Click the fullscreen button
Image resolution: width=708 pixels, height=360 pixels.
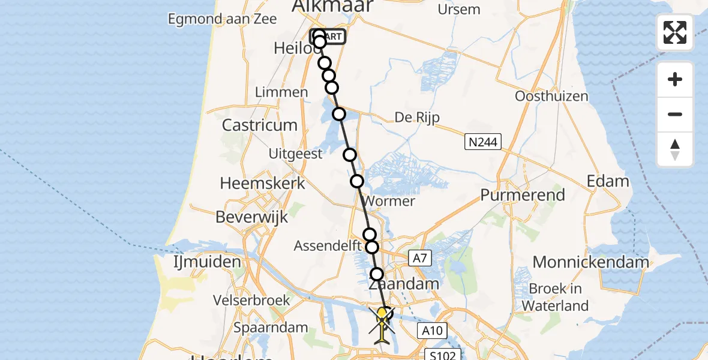(x=675, y=32)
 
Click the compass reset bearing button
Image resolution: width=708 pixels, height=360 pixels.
(x=675, y=149)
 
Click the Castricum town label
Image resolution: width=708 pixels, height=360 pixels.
(x=259, y=125)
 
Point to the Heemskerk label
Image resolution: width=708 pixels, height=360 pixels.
(x=263, y=183)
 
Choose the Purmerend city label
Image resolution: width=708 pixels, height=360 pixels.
(x=523, y=195)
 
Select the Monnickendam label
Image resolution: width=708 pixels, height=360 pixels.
(x=590, y=262)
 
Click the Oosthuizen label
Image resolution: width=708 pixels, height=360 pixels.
(x=551, y=96)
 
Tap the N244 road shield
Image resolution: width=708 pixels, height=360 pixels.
(x=483, y=142)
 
